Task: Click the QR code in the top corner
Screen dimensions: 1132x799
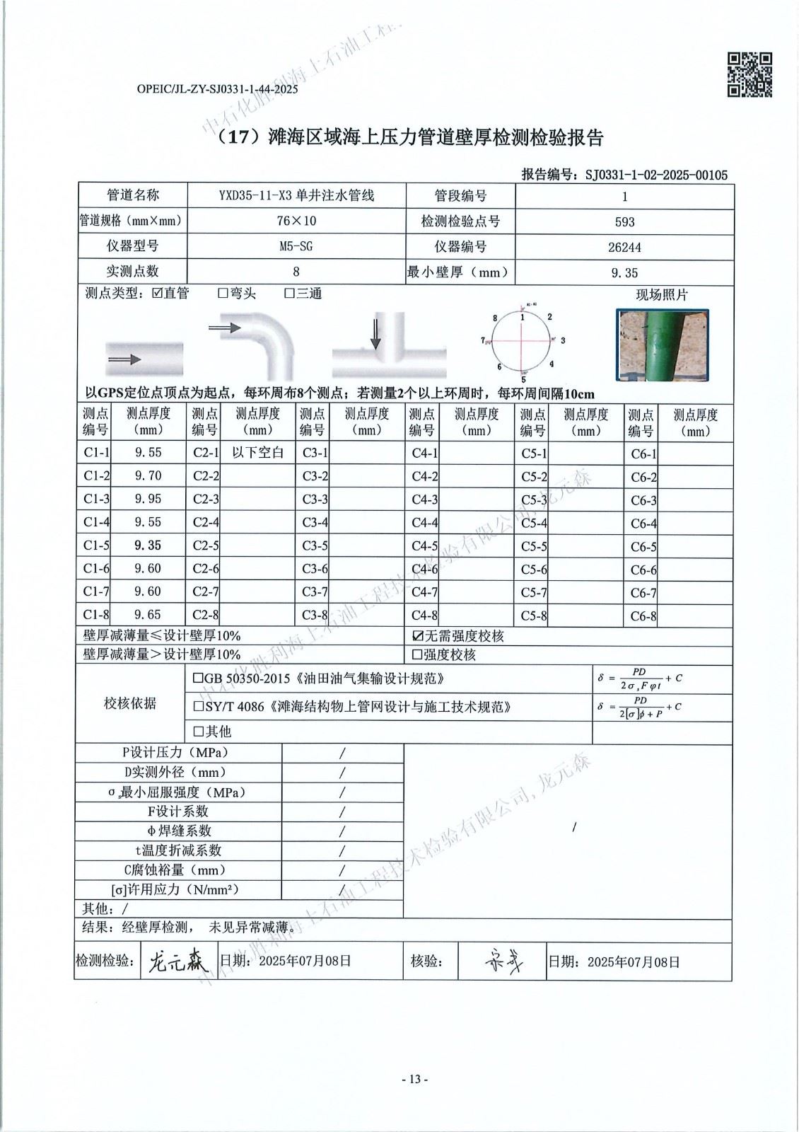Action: (750, 74)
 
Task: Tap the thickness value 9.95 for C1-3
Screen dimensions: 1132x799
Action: (148, 499)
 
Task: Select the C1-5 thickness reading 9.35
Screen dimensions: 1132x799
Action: (148, 545)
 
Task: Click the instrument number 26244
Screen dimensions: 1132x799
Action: (624, 248)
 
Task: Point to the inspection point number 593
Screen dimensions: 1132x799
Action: (624, 222)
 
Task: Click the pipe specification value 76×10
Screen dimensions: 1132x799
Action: (296, 221)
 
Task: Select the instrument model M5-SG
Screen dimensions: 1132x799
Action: (296, 247)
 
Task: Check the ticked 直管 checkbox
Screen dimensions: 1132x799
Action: (157, 294)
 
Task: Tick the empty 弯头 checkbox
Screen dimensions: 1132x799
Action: (223, 294)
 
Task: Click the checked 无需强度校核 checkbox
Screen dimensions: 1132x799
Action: (417, 636)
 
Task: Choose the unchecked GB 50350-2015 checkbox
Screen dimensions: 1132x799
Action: (199, 678)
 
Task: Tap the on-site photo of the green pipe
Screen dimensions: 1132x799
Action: (662, 345)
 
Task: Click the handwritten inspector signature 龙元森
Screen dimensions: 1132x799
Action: (176, 960)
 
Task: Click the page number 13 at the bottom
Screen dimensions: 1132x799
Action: (414, 1080)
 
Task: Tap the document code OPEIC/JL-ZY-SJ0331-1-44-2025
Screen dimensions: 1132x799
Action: (217, 90)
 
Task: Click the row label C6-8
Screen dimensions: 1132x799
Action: (643, 616)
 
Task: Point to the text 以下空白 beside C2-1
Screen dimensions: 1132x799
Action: (258, 453)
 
